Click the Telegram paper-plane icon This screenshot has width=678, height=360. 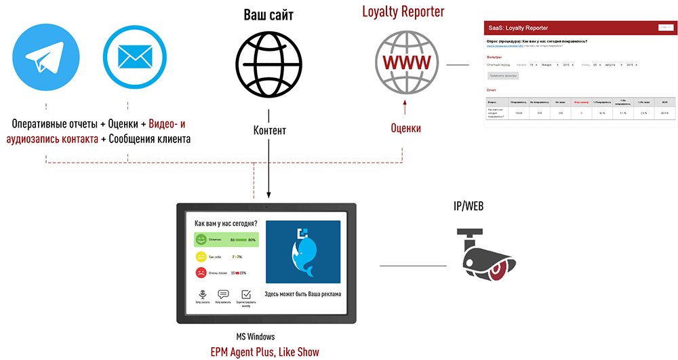pos(45,58)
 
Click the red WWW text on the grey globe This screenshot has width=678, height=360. pos(405,62)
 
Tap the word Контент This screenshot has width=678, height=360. pos(270,130)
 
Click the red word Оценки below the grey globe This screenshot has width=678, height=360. pos(405,128)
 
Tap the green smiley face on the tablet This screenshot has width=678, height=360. pos(201,240)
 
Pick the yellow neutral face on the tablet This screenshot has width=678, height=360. pos(201,257)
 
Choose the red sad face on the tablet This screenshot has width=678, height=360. pos(201,273)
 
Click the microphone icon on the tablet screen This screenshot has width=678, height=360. pos(201,294)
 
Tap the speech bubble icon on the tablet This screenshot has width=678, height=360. pos(223,294)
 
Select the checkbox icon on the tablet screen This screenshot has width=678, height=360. pos(246,294)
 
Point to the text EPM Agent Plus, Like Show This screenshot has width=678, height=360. pos(264,351)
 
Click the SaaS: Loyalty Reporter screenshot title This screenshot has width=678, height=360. pos(518,28)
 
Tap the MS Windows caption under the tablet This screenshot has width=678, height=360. pos(255,336)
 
